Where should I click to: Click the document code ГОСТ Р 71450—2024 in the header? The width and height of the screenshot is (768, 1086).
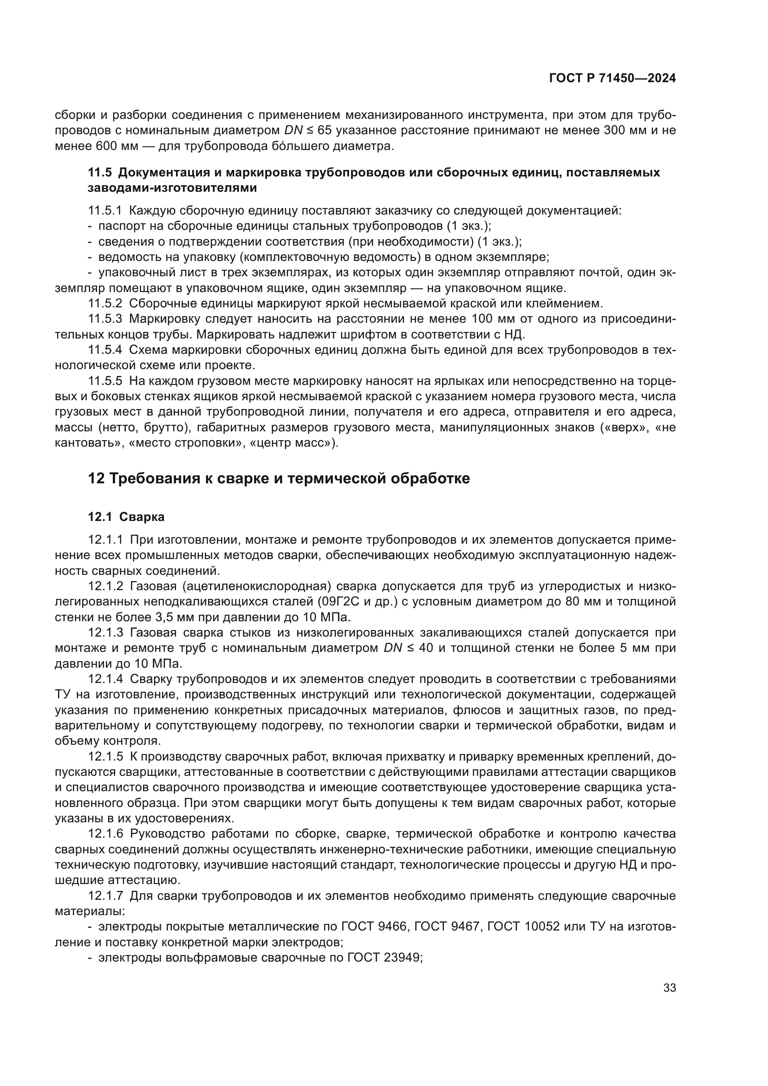coord(612,78)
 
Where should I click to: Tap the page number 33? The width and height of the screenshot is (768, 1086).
coord(669,988)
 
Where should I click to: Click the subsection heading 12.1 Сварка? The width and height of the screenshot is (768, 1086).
coord(126,517)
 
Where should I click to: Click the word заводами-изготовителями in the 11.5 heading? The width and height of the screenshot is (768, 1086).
coord(173,188)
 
